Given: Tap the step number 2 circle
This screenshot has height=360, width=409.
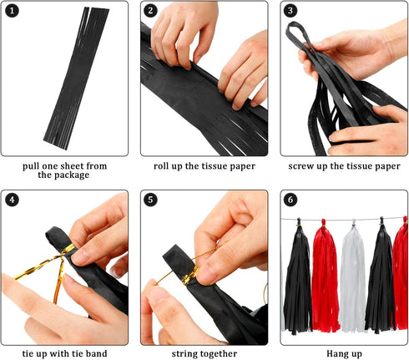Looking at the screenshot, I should (151, 12).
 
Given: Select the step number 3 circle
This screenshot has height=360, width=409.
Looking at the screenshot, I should (290, 12).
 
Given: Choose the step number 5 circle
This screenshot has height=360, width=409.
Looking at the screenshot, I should (151, 200).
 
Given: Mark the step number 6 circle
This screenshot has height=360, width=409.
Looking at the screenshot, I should (290, 200).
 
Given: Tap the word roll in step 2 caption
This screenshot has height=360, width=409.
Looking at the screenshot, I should (164, 165).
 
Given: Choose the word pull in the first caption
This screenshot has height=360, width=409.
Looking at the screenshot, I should (35, 165).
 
